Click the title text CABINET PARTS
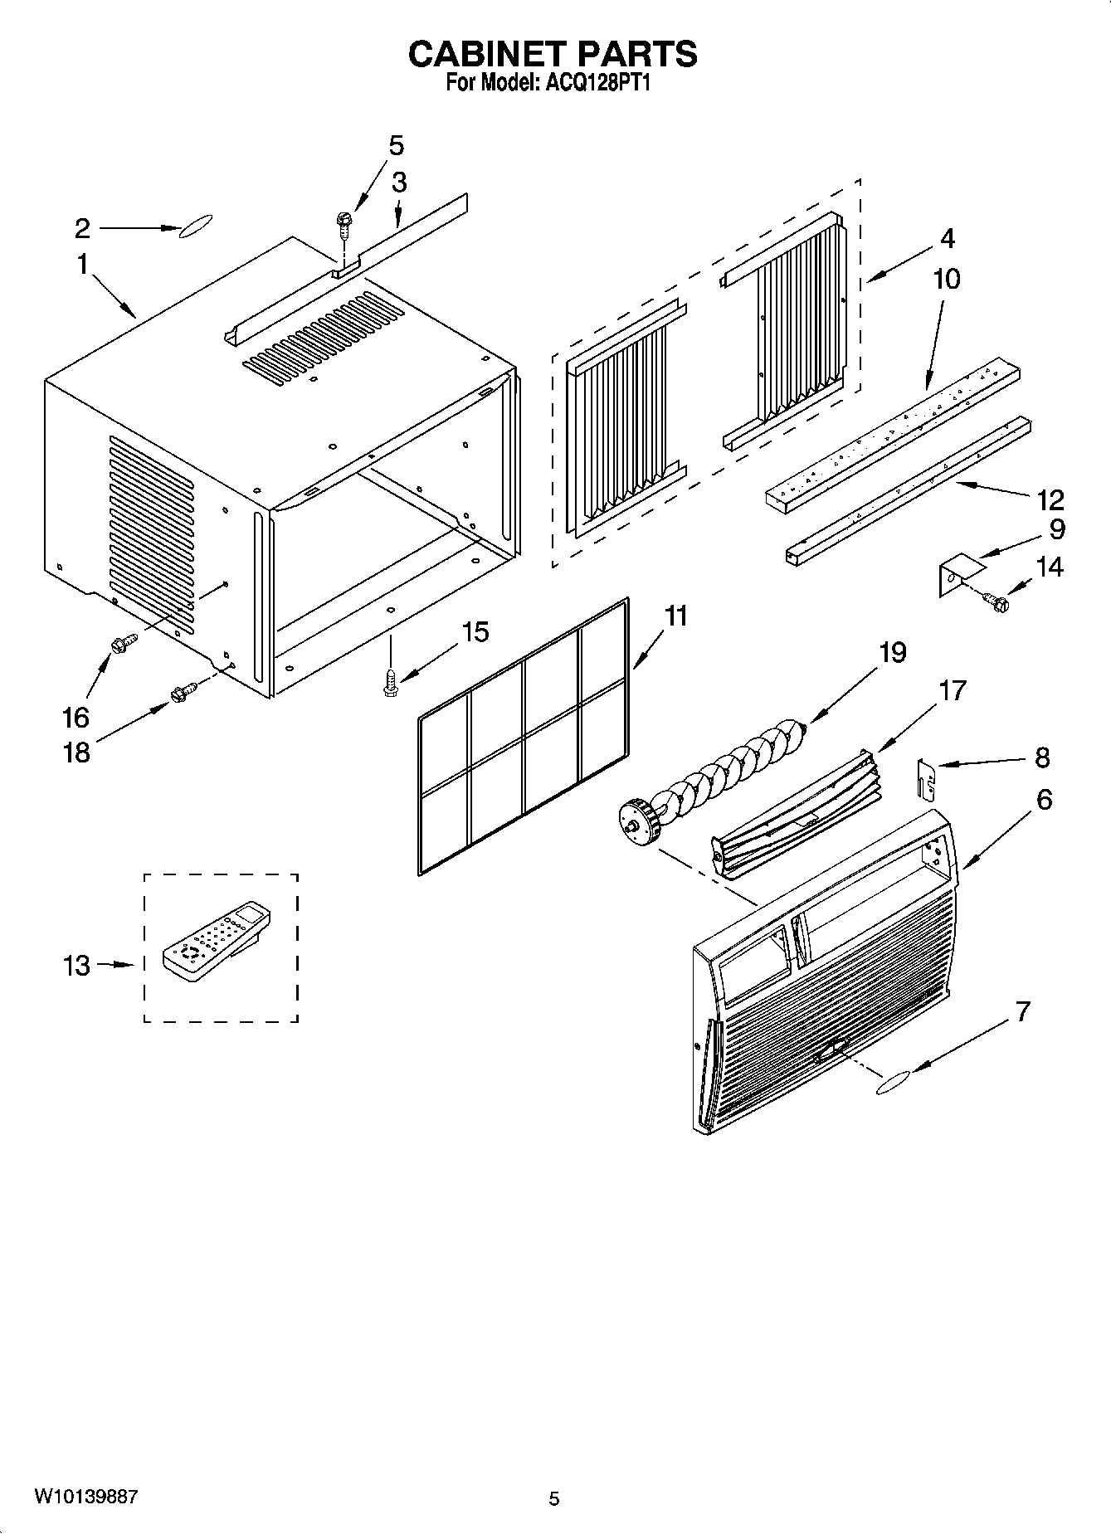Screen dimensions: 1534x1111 (553, 54)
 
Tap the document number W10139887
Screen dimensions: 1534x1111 (86, 1496)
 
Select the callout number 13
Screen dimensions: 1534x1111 (76, 966)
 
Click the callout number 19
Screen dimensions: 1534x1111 (892, 653)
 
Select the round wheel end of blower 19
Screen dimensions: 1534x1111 (640, 822)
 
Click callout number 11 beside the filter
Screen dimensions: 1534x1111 (676, 616)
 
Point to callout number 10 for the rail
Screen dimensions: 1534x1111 (946, 279)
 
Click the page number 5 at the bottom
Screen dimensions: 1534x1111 (554, 1498)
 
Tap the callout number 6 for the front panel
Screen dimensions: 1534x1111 (1044, 800)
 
